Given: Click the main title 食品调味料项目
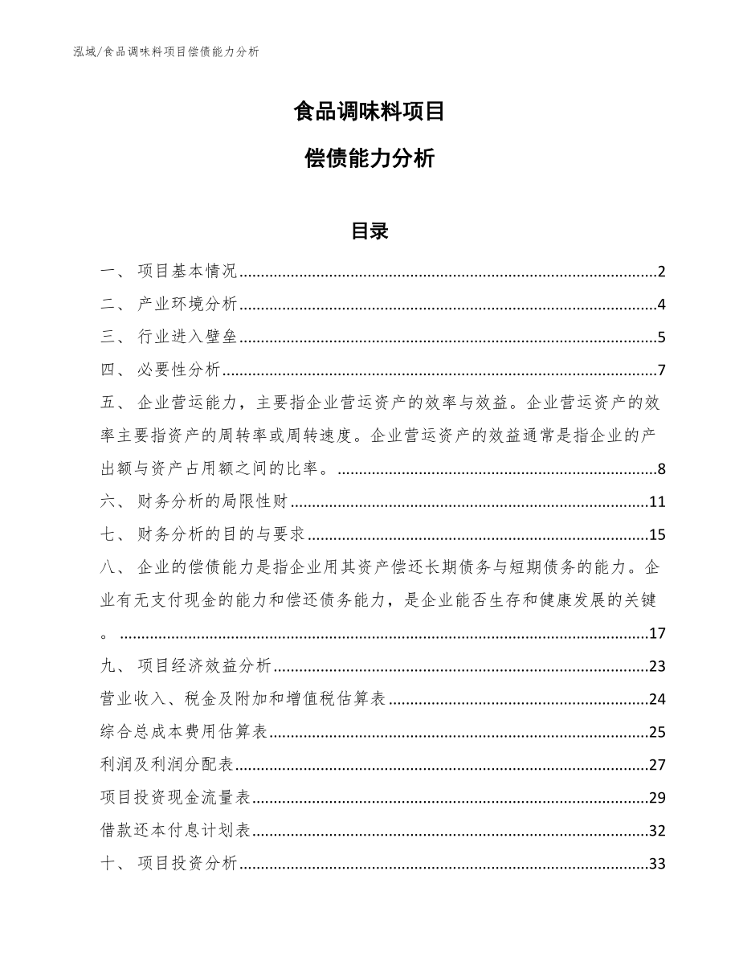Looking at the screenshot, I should [369, 112].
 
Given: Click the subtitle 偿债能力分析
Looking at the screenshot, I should [369, 159].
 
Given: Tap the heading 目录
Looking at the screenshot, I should [369, 231].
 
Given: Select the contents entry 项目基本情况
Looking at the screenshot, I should [187, 272].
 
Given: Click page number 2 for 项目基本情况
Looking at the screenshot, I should [661, 272].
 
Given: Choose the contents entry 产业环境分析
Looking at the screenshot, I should [187, 305].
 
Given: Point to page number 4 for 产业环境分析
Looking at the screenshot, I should [661, 305].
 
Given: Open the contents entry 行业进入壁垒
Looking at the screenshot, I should [187, 337].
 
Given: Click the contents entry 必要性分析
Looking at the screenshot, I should [178, 370].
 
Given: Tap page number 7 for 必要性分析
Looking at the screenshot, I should [661, 370].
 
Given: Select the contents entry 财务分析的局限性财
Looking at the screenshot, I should [213, 503].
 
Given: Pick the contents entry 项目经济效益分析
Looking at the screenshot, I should [204, 666].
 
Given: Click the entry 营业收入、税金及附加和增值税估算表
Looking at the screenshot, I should [245, 699].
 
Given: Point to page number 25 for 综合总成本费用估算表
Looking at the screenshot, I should [657, 732].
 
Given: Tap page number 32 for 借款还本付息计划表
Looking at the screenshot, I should [657, 831].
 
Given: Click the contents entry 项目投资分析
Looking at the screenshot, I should [187, 864].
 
